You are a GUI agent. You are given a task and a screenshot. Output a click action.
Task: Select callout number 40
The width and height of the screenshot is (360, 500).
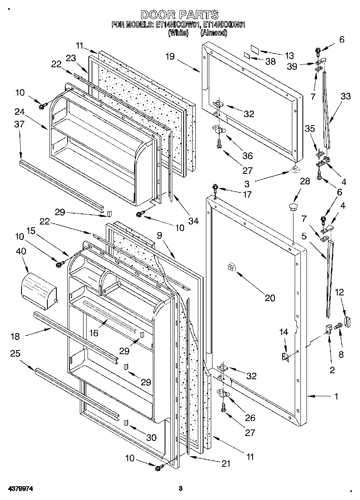coord(21,251)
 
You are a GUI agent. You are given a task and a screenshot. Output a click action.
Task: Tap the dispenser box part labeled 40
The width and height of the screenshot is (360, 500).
coord(38,287)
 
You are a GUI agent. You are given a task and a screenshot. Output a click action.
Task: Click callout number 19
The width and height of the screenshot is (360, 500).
coord(169,57)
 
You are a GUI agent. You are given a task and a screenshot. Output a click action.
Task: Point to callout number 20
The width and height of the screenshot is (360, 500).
coord(270,298)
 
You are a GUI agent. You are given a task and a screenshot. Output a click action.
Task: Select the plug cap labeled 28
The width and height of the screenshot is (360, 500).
coord(292,207)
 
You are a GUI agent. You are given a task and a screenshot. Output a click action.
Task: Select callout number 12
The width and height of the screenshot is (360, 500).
coord(339,292)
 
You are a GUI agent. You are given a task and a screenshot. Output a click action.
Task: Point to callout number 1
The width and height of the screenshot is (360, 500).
coord(336,397)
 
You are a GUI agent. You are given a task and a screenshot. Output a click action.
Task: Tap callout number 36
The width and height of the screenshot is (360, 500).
coord(247,156)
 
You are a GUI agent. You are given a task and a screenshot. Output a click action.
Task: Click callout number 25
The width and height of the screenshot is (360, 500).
coord(15,354)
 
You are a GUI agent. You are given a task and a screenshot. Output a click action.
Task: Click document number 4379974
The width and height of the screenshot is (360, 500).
coord(19,489)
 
